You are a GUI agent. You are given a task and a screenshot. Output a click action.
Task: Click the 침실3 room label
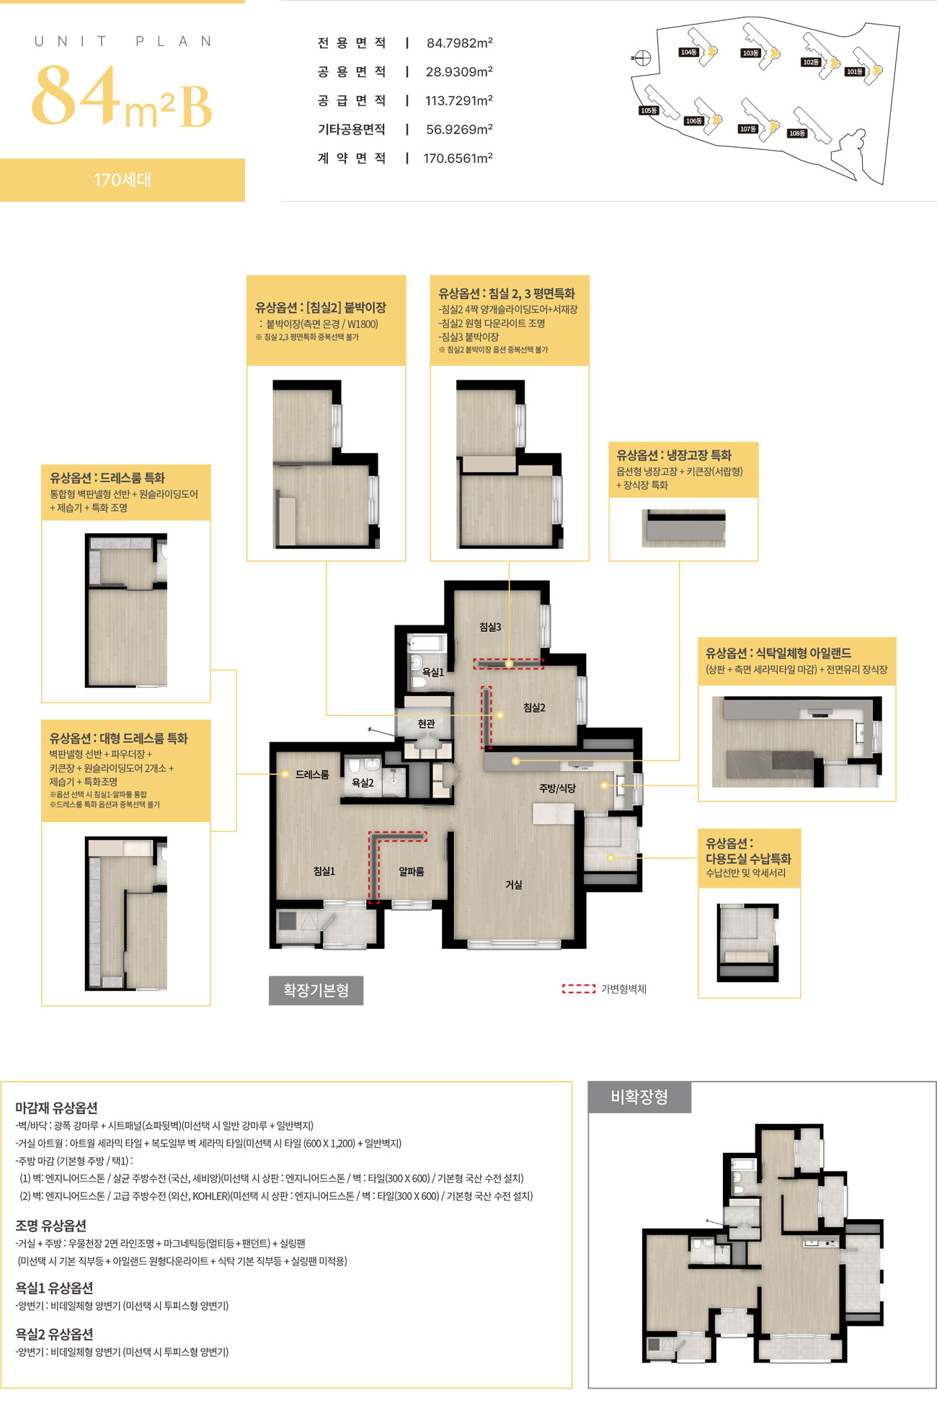[490, 627]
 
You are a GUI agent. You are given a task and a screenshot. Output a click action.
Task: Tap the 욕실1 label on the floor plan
[432, 672]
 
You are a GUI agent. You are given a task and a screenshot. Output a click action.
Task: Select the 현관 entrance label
[426, 723]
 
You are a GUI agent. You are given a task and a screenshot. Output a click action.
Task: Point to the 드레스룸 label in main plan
[312, 774]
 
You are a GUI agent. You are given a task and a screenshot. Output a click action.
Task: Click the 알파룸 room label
[412, 871]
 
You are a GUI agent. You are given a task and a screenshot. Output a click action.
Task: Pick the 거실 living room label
[513, 884]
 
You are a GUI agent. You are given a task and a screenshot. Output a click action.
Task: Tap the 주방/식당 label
[557, 788]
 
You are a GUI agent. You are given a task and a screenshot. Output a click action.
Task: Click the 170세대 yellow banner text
[123, 179]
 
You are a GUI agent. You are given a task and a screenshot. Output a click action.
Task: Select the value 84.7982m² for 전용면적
[459, 43]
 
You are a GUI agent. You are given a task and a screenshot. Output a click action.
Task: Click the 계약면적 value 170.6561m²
[458, 159]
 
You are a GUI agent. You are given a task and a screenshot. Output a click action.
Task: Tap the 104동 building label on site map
[688, 53]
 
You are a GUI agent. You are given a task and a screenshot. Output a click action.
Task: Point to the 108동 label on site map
[796, 133]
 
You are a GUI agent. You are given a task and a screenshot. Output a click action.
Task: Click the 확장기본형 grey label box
[316, 990]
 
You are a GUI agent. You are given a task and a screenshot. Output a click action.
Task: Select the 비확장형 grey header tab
[639, 1097]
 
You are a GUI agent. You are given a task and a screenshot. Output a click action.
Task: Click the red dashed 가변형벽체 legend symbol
[579, 989]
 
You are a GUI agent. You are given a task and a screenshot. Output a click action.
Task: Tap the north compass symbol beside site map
[641, 58]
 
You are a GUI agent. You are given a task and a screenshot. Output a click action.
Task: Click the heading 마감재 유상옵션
[56, 1108]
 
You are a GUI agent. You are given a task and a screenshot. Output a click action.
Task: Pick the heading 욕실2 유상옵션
[54, 1334]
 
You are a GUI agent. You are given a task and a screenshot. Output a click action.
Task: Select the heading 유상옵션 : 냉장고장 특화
[673, 455]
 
